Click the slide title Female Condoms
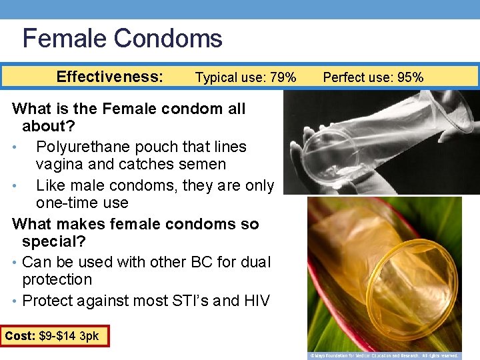122,38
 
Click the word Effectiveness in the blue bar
109,77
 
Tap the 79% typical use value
282,78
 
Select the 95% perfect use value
408,77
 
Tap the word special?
54,241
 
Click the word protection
57,279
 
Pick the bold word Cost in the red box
20,336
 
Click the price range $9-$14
58,336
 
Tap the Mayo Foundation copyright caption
384,355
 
